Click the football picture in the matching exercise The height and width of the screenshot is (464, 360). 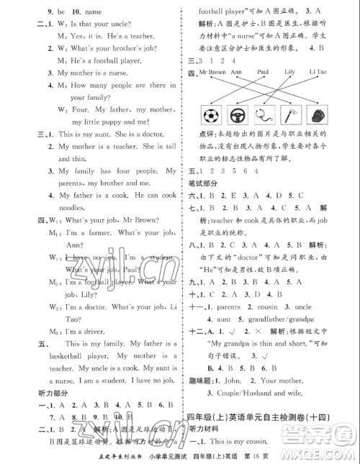pos(212,116)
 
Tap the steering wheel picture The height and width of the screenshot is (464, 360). pos(244,116)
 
